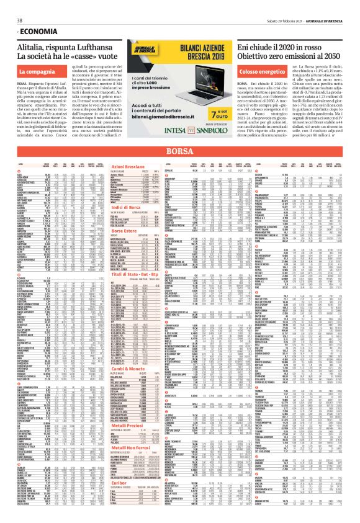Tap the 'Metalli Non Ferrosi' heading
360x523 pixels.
click(x=140, y=445)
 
